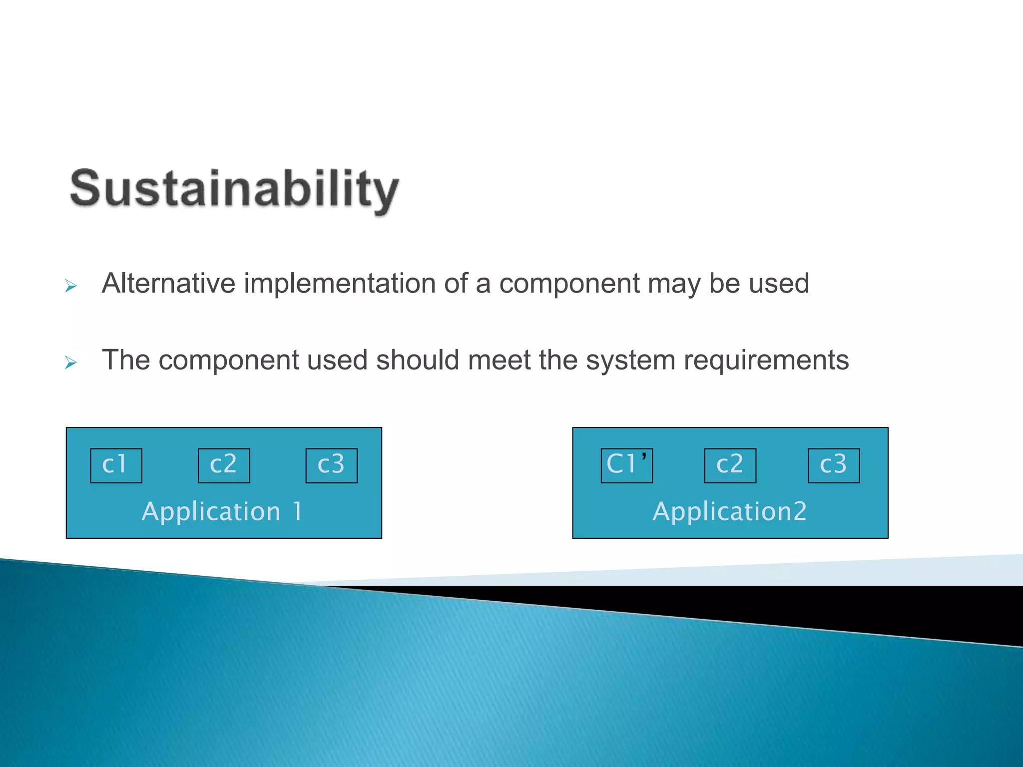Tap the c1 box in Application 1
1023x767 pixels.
(116, 465)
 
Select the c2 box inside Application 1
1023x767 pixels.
(224, 465)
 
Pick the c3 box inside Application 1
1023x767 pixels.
(331, 465)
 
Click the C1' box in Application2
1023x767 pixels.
(626, 465)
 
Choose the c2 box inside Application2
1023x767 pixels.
(730, 465)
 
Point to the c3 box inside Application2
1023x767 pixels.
(833, 465)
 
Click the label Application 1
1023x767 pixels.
(223, 511)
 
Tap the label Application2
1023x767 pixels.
(729, 511)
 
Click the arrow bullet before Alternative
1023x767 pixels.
(71, 286)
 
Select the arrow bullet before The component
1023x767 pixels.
(71, 363)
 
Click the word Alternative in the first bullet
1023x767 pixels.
(168, 283)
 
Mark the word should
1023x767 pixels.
(417, 360)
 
